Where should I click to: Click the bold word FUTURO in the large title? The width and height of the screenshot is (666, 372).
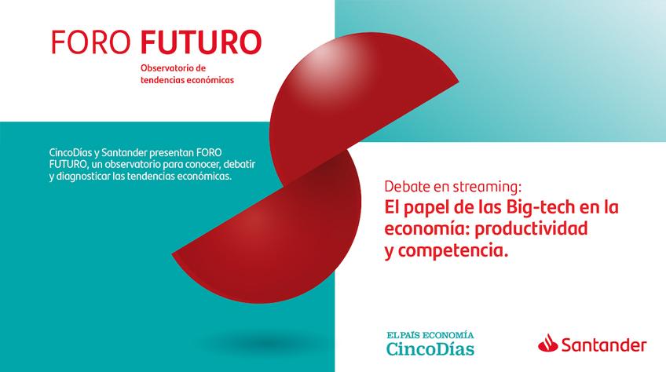201,42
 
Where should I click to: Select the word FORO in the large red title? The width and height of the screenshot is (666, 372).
91,42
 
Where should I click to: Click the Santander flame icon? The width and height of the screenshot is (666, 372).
548,343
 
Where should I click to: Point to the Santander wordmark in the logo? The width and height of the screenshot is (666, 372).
604,345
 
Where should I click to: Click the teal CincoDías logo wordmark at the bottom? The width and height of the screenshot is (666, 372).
430,349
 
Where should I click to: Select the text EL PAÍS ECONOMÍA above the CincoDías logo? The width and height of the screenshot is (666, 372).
430,335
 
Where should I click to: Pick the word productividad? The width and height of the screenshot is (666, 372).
531,229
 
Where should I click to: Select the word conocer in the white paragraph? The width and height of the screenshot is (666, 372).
202,165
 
